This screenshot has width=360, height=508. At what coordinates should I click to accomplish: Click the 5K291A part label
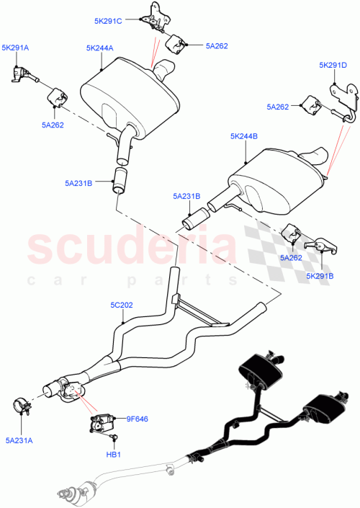[15, 48]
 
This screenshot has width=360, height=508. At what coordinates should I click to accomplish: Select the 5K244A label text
[99, 49]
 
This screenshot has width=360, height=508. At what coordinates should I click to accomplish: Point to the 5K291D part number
[333, 66]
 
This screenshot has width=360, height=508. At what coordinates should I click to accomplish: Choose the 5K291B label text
[320, 275]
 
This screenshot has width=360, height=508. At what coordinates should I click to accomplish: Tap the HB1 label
[114, 455]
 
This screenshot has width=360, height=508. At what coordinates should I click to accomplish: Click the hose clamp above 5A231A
[24, 407]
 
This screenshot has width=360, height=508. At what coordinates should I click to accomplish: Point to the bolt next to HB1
[113, 438]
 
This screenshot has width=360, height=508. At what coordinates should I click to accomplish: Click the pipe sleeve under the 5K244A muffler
[120, 179]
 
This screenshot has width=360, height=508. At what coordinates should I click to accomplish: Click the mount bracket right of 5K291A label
[22, 72]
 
